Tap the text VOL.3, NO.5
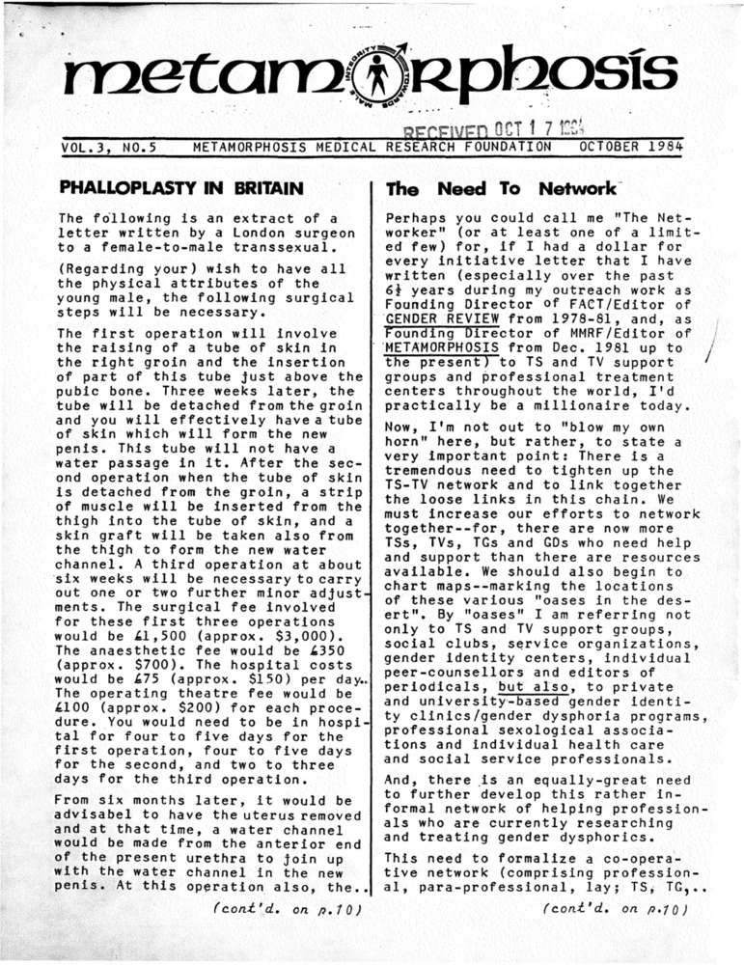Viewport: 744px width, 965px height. click(109, 148)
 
